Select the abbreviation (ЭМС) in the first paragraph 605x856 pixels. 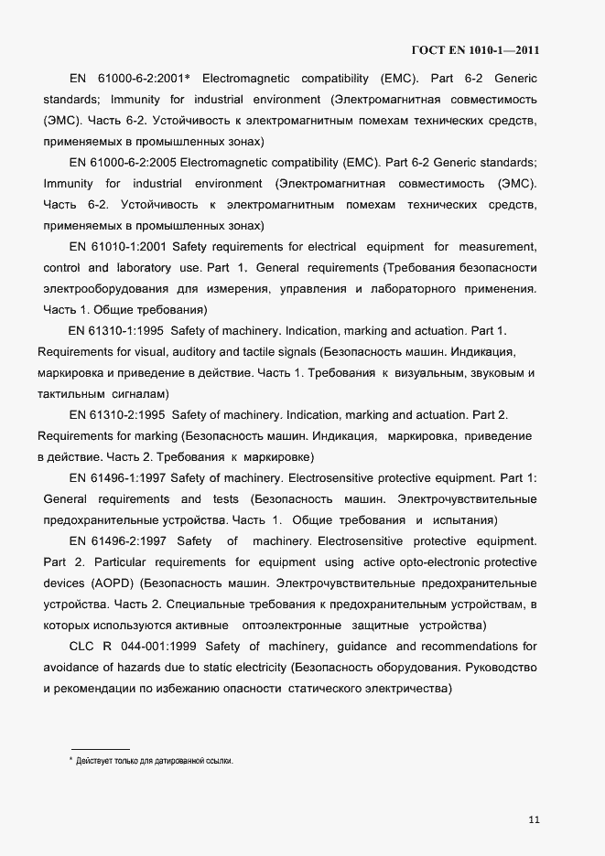tap(60, 120)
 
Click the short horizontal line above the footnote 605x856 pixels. tap(100, 750)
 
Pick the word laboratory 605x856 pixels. tap(144, 268)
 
